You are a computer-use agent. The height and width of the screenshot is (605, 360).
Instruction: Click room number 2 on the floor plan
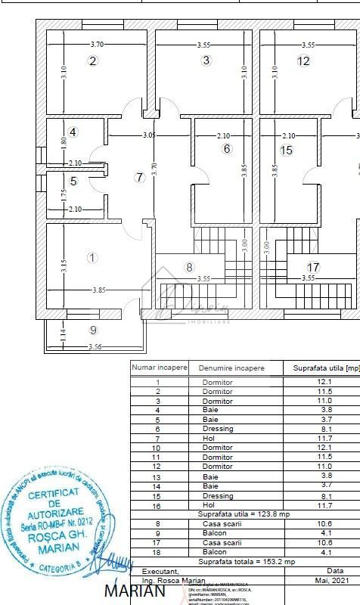(93, 61)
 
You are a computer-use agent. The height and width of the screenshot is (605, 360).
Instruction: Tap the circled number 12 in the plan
(303, 61)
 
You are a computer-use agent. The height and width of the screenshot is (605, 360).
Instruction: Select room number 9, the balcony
(93, 330)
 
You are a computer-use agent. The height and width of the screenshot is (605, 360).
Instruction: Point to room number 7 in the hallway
(138, 178)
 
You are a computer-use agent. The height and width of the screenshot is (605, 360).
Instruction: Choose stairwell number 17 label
(314, 267)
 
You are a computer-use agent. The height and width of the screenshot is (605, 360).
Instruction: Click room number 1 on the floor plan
(92, 258)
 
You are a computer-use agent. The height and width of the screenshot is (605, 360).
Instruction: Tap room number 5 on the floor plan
(73, 181)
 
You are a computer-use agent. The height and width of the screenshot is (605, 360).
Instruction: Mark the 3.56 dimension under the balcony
(95, 347)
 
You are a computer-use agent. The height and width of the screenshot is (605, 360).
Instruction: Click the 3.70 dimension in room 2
(97, 45)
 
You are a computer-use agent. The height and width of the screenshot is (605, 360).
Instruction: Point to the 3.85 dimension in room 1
(99, 290)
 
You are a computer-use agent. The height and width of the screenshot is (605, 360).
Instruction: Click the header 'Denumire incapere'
(231, 368)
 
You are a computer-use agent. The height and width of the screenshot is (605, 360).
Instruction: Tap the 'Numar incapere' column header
(160, 368)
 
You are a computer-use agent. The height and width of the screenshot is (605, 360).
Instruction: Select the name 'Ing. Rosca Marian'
(174, 580)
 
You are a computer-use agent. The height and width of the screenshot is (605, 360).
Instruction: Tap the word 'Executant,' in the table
(160, 571)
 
